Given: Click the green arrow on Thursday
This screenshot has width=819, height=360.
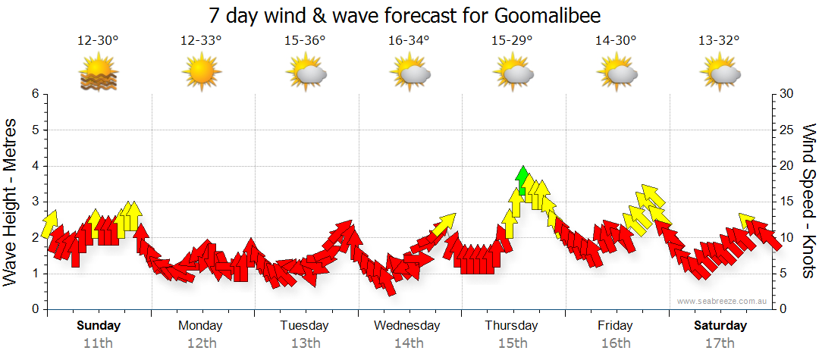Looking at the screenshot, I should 522,180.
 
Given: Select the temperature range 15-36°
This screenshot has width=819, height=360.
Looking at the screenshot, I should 305,40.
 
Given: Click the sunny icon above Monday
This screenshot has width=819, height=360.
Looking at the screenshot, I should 202,74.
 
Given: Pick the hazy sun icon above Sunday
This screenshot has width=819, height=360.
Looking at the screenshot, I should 99,74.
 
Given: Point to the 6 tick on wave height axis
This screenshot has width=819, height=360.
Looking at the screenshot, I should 34,94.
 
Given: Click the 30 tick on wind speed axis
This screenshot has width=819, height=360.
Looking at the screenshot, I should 787,94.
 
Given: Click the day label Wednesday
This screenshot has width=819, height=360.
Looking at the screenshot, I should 408,326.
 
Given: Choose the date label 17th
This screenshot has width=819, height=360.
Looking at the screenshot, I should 720,343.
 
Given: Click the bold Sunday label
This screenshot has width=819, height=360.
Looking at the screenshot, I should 99,326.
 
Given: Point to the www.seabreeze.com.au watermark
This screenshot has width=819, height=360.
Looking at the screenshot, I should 723,302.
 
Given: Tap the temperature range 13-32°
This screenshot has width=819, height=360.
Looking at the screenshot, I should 720,40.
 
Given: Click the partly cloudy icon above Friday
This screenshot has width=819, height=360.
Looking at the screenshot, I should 617,74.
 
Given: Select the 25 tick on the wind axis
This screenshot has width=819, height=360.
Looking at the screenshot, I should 787,130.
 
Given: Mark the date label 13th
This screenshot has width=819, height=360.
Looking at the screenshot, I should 305,343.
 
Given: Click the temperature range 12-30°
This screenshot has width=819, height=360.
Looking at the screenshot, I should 98,40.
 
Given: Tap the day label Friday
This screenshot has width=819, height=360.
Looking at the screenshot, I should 615,326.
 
